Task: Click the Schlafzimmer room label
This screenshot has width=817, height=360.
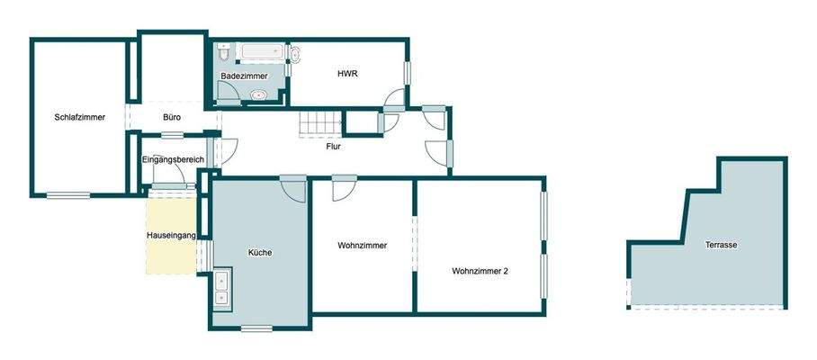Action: [x=80, y=117]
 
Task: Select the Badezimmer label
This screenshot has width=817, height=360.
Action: [x=244, y=76]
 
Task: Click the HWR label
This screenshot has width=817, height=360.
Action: [x=347, y=74]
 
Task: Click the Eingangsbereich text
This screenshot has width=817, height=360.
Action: [x=174, y=160]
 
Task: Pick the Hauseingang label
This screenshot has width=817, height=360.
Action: [x=171, y=236]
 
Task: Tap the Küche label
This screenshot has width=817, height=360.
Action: [x=259, y=252]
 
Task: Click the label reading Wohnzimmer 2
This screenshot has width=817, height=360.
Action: [x=481, y=270]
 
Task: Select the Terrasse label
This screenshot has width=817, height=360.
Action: [x=723, y=244]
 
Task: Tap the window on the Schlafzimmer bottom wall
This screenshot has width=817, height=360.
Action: [x=68, y=194]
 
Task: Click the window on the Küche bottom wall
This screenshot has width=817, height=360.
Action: [x=256, y=328]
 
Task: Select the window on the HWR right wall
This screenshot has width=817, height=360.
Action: [x=408, y=71]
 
